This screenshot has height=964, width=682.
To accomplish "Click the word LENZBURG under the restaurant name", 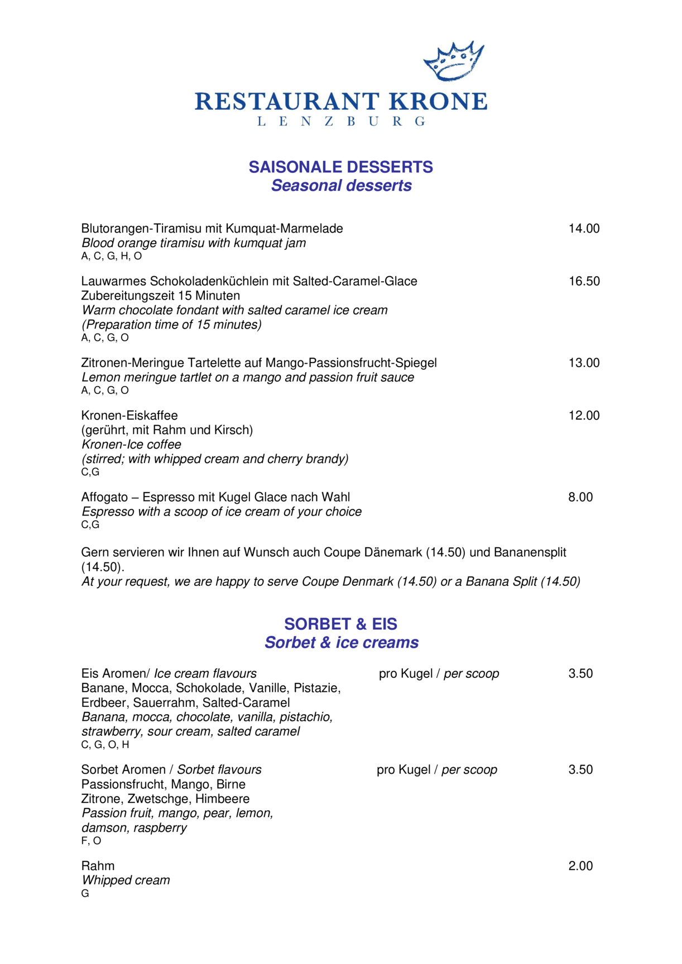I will pyautogui.click(x=341, y=122).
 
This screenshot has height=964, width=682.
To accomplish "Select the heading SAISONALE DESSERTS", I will pyautogui.click(x=340, y=167).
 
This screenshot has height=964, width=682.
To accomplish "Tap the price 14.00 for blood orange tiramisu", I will pyautogui.click(x=584, y=229).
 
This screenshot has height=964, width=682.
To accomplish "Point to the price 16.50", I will pyautogui.click(x=584, y=281).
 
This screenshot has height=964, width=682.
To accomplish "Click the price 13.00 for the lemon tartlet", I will pyautogui.click(x=584, y=363).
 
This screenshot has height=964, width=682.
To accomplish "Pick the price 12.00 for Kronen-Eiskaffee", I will pyautogui.click(x=584, y=416).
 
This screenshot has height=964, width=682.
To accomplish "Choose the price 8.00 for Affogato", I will pyautogui.click(x=580, y=498).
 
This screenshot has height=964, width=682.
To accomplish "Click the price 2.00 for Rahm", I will pyautogui.click(x=580, y=866).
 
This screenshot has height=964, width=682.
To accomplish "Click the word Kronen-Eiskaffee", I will pyautogui.click(x=129, y=416).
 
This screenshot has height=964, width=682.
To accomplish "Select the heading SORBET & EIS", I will pyautogui.click(x=340, y=624).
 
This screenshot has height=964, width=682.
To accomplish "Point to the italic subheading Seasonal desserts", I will pyautogui.click(x=341, y=186).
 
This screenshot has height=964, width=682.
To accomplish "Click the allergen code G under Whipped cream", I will pyautogui.click(x=85, y=894).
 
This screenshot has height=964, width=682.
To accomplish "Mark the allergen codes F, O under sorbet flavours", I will pyautogui.click(x=91, y=841).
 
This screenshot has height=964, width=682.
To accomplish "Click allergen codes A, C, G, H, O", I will pyautogui.click(x=112, y=256).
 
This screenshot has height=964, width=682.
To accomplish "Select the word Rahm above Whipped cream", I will pyautogui.click(x=98, y=866).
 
